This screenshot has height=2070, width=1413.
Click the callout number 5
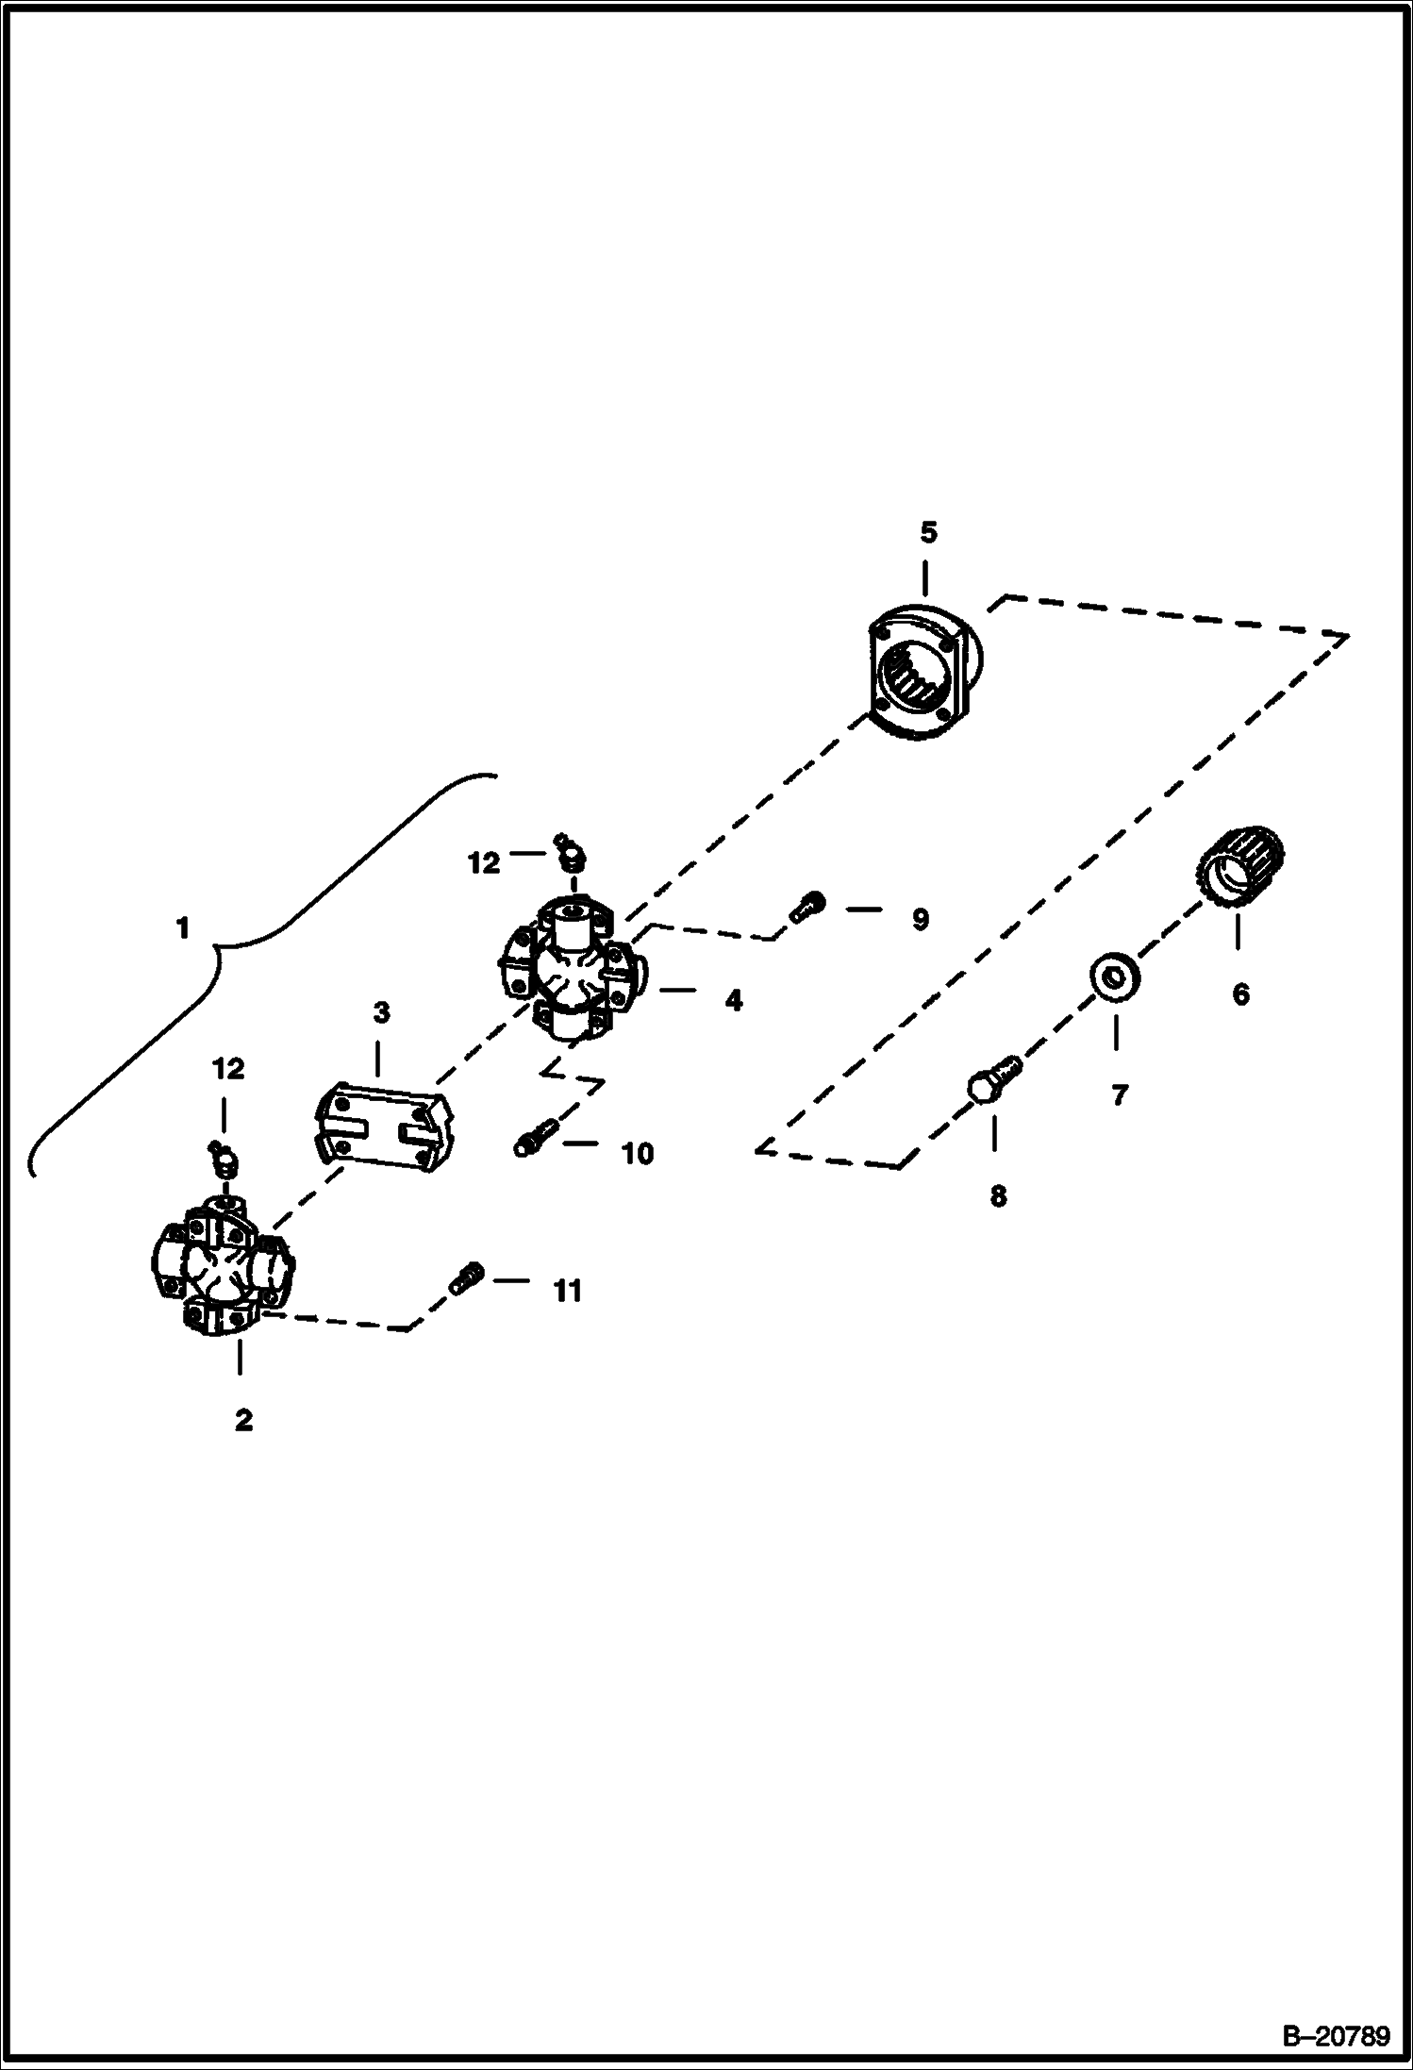pos(929,533)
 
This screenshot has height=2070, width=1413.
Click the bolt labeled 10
pos(535,1136)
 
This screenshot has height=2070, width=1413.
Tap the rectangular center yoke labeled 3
pos(384,1127)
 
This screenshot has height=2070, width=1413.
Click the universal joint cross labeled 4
pos(570,969)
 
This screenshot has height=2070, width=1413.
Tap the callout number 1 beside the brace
pos(182,928)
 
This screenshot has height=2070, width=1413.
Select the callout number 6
pos(1240,993)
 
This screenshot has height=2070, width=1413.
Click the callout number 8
pos(998,1196)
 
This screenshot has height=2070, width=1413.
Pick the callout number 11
pos(567,1291)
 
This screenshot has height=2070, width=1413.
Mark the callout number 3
pos(381,1013)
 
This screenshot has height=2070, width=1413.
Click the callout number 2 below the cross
pos(243,1420)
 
